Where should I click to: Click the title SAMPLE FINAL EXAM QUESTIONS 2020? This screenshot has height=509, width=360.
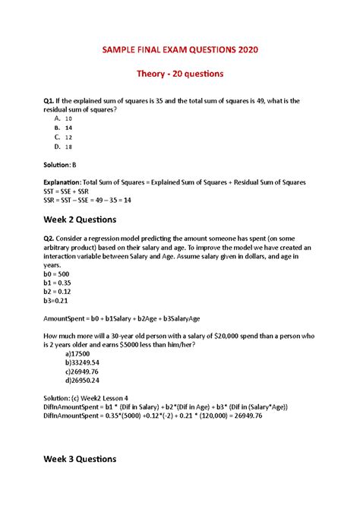179,50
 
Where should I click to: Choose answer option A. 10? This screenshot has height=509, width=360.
64,119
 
